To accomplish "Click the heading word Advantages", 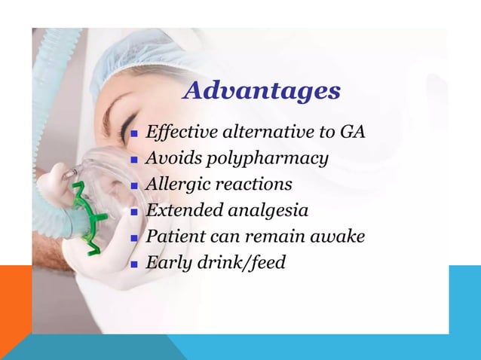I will [x=262, y=91].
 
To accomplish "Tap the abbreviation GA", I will [x=352, y=133].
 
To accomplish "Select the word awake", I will [x=339, y=236].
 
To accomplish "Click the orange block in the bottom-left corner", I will [x=15, y=309].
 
